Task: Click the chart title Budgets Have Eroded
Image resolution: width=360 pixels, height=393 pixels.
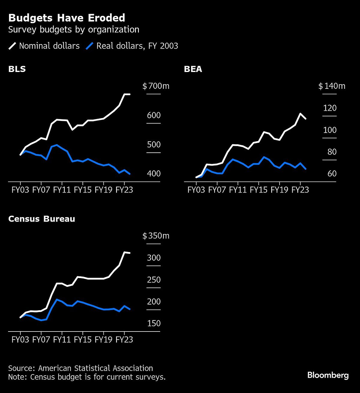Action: click(x=67, y=18)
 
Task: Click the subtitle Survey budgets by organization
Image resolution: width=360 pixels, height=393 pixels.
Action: click(x=73, y=30)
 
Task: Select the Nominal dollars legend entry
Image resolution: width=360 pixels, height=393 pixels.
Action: click(x=44, y=46)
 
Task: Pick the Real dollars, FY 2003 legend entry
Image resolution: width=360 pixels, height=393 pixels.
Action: click(x=132, y=46)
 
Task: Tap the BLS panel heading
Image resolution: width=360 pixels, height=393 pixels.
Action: click(x=17, y=69)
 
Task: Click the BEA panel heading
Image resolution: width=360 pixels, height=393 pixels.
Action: click(x=193, y=69)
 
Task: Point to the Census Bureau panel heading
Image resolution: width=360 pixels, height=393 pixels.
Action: click(x=41, y=219)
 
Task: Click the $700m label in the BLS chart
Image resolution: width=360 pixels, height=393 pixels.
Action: click(x=156, y=86)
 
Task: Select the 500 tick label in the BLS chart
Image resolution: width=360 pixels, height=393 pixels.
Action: click(x=154, y=145)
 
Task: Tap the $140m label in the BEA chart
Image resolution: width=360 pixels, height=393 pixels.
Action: click(x=331, y=86)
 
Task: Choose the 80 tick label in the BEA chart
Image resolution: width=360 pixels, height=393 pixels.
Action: click(x=332, y=152)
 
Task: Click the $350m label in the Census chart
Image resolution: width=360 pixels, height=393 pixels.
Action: click(x=156, y=236)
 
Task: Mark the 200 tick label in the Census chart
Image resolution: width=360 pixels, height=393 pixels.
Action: click(x=154, y=301)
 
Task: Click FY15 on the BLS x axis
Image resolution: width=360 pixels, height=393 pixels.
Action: click(x=82, y=190)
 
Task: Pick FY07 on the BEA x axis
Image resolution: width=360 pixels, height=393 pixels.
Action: click(x=217, y=190)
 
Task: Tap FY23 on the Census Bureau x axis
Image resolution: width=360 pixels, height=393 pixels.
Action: click(x=124, y=340)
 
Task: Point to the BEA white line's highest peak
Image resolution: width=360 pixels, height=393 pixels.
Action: click(x=300, y=114)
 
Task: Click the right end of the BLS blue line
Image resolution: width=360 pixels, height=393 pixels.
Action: click(x=130, y=174)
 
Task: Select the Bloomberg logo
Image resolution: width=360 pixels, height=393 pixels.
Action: click(x=328, y=375)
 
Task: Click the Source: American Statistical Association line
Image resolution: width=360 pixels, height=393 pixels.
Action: click(x=80, y=368)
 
